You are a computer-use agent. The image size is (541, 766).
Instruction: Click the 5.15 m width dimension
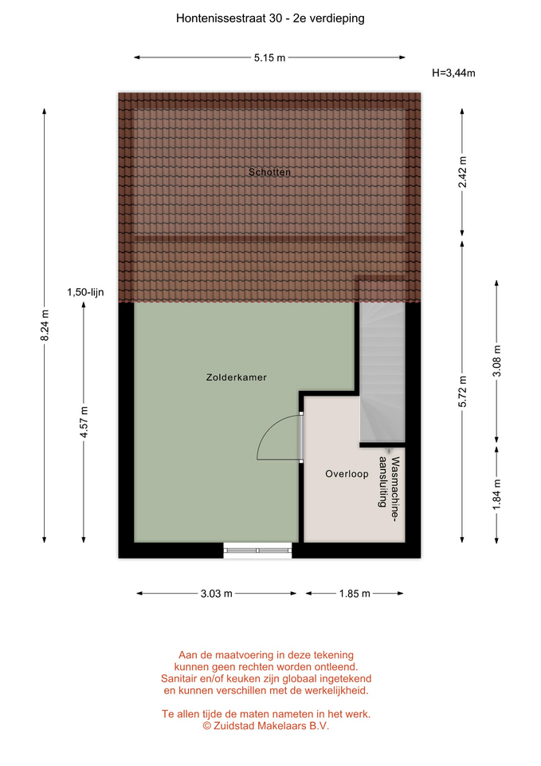269,57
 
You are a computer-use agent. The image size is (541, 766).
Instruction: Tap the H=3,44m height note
453,73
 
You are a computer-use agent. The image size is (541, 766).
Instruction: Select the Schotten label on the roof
269,172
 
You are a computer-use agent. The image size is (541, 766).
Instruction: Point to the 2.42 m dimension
462,172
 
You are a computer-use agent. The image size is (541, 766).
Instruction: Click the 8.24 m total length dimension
45,326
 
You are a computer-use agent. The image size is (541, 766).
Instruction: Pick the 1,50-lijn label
85,292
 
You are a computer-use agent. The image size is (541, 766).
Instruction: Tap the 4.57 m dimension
84,423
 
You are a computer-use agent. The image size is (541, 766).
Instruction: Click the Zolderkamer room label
236,377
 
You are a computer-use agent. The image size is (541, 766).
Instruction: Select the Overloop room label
347,473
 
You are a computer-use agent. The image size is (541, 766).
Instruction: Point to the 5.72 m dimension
462,391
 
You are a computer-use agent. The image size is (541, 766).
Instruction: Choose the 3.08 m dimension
496,361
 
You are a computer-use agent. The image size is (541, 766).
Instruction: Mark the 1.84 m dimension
496,495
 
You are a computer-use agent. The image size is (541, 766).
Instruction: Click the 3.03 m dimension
216,594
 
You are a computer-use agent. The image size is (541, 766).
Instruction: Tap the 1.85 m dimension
355,594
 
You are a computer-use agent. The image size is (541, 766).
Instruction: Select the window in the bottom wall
257,551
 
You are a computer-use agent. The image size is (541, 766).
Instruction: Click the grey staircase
382,371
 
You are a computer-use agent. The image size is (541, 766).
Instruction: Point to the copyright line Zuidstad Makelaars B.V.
266,726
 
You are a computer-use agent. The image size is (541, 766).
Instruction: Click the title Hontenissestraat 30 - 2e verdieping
270,18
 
